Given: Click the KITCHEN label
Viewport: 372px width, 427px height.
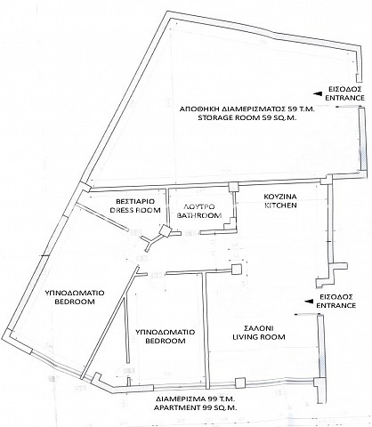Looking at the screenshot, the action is (x=280, y=205).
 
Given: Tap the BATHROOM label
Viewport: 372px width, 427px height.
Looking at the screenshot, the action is (x=199, y=215).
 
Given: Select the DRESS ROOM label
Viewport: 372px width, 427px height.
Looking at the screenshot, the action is (x=135, y=210).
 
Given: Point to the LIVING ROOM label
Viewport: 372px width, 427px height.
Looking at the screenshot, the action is (x=259, y=337).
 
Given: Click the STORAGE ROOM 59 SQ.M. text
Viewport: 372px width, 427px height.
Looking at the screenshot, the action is (x=248, y=117).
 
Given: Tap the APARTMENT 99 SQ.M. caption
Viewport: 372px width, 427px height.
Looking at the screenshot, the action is (x=195, y=407).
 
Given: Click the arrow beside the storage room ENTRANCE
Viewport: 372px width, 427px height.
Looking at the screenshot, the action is (x=318, y=93).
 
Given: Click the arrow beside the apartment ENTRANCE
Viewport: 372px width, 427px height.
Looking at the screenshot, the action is (x=310, y=302).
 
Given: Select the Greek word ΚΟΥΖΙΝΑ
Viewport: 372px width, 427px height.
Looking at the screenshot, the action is (x=280, y=197).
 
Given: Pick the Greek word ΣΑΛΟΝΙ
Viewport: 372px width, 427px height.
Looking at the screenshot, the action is (x=259, y=328).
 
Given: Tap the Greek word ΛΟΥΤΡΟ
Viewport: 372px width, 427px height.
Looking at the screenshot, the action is (x=199, y=206).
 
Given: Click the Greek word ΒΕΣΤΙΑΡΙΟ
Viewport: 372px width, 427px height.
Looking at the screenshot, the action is (x=135, y=201).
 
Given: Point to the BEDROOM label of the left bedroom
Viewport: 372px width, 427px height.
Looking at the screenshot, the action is (x=75, y=302).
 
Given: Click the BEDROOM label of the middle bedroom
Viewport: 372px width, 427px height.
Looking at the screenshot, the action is (x=165, y=341).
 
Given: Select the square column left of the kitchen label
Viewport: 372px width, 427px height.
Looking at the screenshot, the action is (x=233, y=187).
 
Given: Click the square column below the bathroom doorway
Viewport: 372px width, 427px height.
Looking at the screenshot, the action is (x=237, y=270).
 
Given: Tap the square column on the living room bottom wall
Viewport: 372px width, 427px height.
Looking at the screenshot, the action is (x=240, y=383).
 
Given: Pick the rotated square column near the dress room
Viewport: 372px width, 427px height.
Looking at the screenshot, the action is (x=165, y=230).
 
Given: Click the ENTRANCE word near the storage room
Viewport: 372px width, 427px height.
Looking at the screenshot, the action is (x=344, y=98).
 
